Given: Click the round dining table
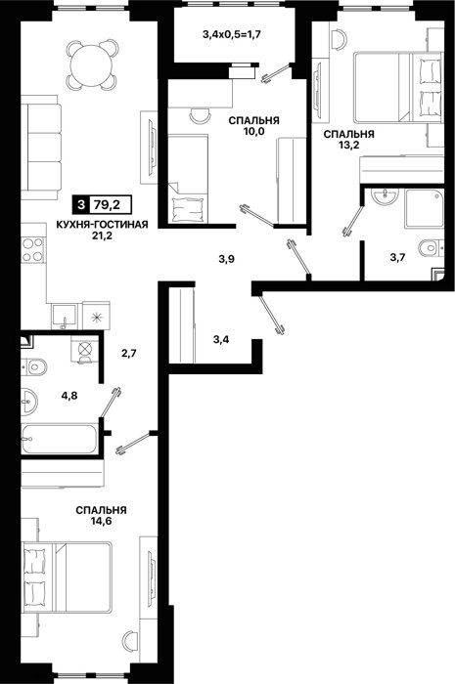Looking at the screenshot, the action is pos(93,64).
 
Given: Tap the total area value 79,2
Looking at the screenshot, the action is pos(110,204).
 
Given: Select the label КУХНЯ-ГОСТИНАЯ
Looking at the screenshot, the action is pos(102,225).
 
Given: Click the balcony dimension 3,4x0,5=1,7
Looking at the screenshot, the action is pos(232,34).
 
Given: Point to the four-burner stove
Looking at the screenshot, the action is pos(32,250).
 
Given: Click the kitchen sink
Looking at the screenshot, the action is pos(64,317).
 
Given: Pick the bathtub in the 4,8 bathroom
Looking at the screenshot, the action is pos(59,440).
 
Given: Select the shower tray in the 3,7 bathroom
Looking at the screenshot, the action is pos(424,208).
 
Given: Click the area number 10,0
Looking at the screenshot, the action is pos(254,131).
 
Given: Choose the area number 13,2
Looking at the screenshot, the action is pos(348,146).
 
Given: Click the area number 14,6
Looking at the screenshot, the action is pos(101,521).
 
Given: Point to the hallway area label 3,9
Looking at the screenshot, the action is pos(227,259).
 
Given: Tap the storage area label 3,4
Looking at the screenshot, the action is pos(221,339).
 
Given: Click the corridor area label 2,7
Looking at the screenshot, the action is pos(129,353).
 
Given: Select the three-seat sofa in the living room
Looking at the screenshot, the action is pos(40,147).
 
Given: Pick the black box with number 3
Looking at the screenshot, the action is pos(80,204).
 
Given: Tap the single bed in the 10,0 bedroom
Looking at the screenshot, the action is pos(188,178).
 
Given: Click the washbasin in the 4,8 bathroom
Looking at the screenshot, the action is pos(29,401).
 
